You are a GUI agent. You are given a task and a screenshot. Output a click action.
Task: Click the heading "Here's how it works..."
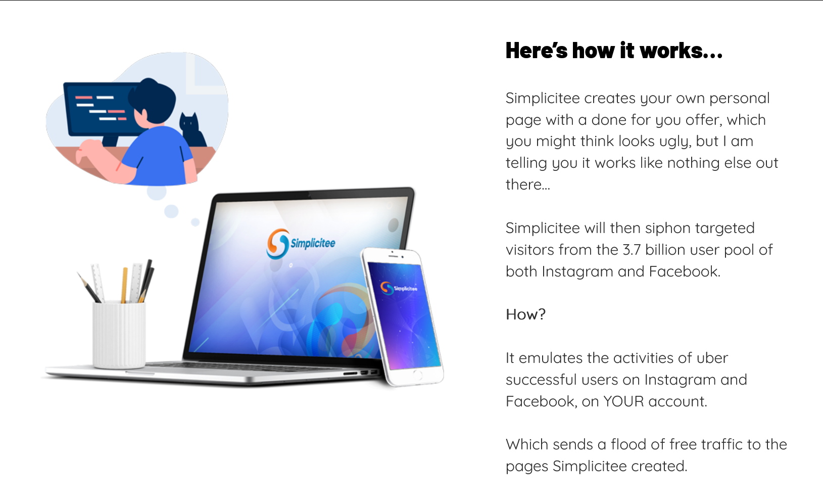[x=614, y=51]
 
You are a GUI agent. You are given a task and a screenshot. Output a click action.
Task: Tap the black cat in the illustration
[x=192, y=130]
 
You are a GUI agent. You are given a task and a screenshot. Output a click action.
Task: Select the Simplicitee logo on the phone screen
[x=399, y=288]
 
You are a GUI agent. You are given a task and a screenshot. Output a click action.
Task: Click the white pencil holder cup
[x=119, y=335]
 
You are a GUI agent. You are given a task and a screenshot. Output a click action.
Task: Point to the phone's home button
[x=417, y=375]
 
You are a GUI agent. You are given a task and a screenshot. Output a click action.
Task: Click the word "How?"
[x=525, y=314]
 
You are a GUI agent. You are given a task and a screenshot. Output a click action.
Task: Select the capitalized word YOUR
[x=623, y=401]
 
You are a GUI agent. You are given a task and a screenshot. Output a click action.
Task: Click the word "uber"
[x=713, y=358]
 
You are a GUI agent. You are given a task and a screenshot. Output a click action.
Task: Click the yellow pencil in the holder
[x=124, y=285]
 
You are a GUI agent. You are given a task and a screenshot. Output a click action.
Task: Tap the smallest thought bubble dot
[x=196, y=222]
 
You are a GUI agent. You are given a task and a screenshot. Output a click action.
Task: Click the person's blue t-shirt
[x=158, y=156]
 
